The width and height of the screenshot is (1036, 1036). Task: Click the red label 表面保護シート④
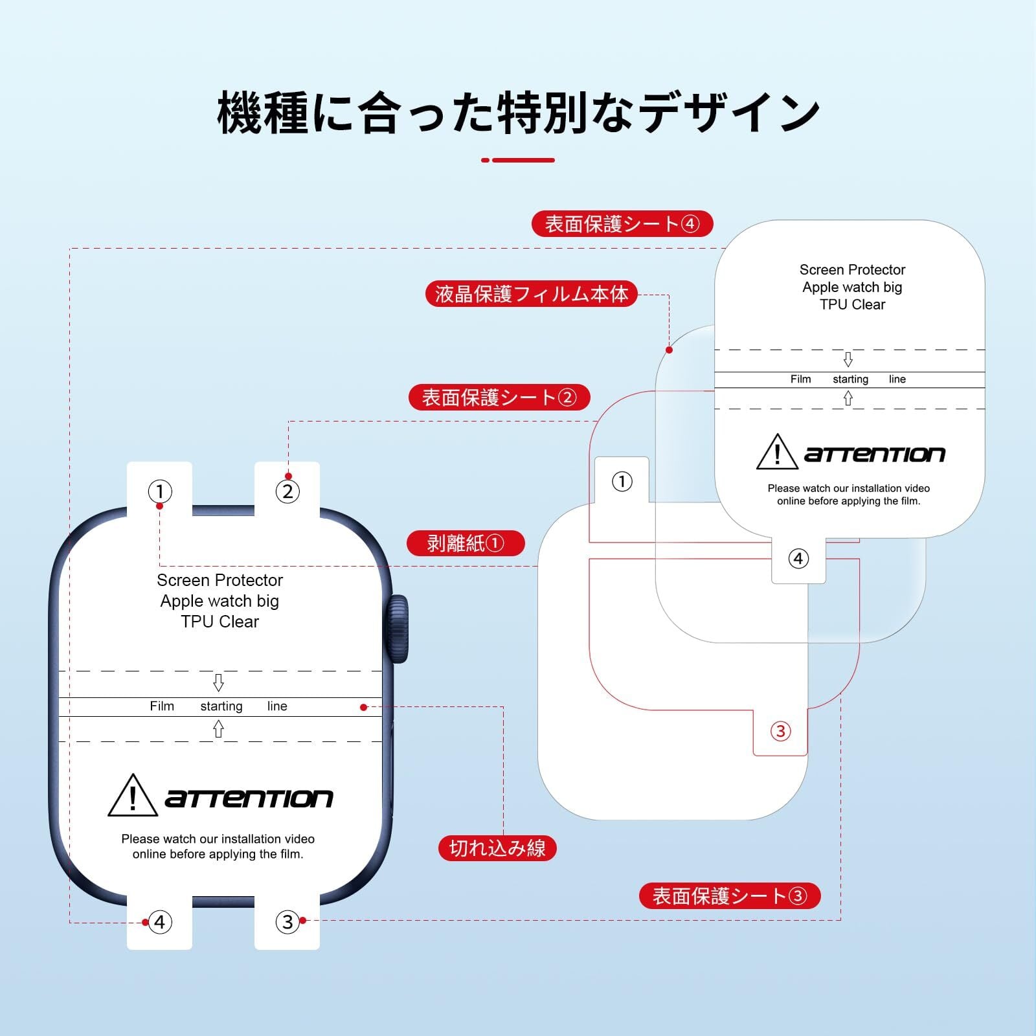pos(622,224)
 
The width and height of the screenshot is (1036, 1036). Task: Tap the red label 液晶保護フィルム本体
pos(531,294)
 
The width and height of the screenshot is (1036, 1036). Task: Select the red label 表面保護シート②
pos(499,397)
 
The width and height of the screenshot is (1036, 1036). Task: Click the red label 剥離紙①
pos(465,543)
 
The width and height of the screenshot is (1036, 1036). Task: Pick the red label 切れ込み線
pos(497,848)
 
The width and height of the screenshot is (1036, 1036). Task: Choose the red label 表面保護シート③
pos(729,895)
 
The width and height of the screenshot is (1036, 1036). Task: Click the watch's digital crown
pos(398,629)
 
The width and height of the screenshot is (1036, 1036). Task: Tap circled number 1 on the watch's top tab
pos(160,491)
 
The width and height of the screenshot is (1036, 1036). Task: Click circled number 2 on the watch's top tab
pos(287,491)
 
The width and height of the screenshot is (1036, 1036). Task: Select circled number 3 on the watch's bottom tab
pos(287,921)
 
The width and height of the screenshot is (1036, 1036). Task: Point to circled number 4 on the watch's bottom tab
pos(160,921)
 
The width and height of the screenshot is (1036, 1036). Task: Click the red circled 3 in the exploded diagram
pos(780,731)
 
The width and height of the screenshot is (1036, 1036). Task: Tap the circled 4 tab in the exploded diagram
pos(798,558)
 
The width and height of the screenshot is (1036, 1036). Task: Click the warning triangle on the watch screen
pos(133,796)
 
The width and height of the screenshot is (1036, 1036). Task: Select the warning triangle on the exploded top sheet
pos(777,452)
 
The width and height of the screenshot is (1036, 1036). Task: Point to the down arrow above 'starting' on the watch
pos(219,682)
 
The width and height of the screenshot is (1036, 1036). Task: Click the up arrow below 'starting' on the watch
pos(219,730)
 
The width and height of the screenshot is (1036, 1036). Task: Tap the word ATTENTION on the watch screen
pos(249,798)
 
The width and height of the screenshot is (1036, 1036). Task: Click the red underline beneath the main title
pos(518,160)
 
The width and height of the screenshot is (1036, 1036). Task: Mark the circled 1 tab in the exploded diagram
pos(622,481)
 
